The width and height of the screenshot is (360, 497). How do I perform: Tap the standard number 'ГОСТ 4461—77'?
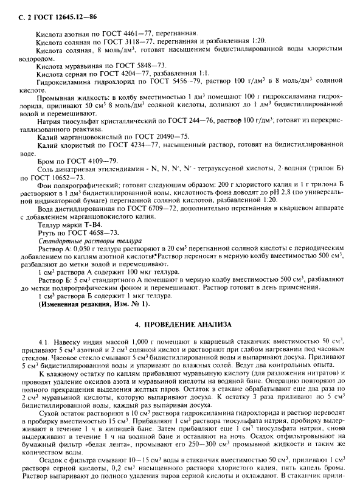pos(133,31)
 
